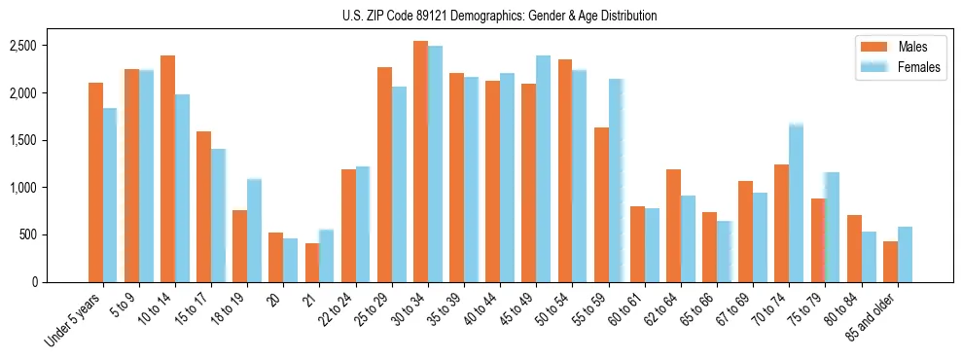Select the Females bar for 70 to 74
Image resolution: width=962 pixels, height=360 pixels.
(796, 203)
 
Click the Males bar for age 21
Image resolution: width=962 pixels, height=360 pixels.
(312, 263)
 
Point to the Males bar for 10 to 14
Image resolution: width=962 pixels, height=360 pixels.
(167, 169)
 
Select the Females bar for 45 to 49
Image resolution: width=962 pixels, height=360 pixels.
(543, 169)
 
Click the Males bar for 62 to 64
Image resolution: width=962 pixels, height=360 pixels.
(673, 226)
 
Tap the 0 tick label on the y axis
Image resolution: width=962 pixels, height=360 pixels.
(33, 282)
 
